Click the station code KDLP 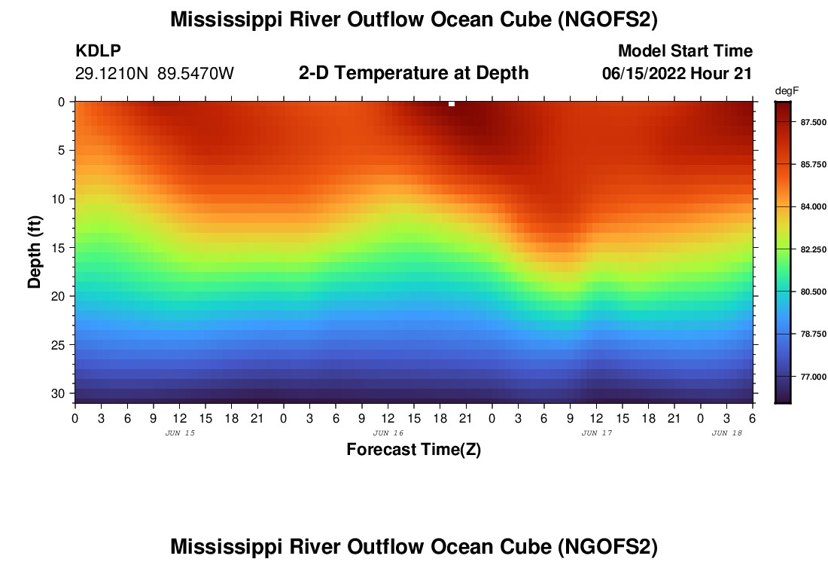[x=98, y=51]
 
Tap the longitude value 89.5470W [x=196, y=73]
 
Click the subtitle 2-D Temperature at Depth [x=413, y=73]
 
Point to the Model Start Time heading [x=685, y=51]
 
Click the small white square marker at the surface [x=452, y=104]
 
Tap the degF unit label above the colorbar [x=786, y=90]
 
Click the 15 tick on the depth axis [x=60, y=248]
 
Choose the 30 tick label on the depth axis [x=60, y=394]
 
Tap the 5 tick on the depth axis [x=63, y=151]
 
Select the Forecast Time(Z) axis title [x=413, y=450]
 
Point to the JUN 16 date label [x=388, y=433]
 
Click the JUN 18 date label [x=727, y=433]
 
